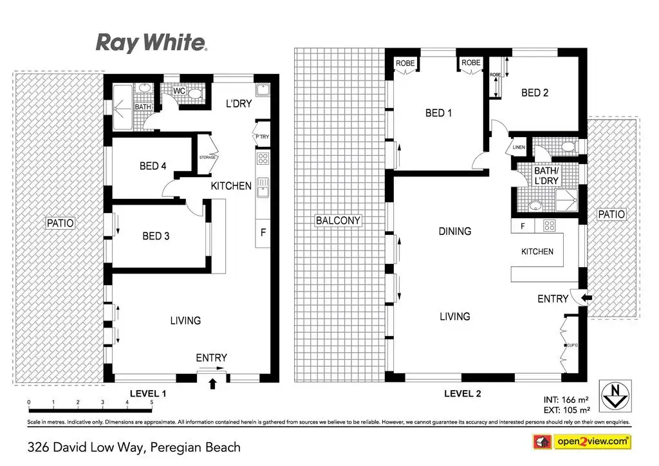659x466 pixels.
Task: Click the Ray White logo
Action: click(x=151, y=42)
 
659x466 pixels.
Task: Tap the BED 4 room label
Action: click(x=153, y=166)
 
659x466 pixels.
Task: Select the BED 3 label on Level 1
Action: click(x=156, y=236)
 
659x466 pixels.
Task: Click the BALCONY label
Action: click(x=338, y=221)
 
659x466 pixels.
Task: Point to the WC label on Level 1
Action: click(x=180, y=91)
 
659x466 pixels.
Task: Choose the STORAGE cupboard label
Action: click(x=207, y=156)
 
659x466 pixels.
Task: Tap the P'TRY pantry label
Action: click(x=262, y=136)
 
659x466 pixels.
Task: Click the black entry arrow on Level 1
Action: click(x=213, y=384)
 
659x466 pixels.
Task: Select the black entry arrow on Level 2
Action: click(x=586, y=297)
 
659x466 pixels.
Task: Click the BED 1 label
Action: click(x=439, y=113)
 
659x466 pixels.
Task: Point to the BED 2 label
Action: click(x=535, y=93)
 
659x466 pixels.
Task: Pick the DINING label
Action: click(x=455, y=231)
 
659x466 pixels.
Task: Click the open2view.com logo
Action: click(x=581, y=442)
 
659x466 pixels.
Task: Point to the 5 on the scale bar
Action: click(x=152, y=402)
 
